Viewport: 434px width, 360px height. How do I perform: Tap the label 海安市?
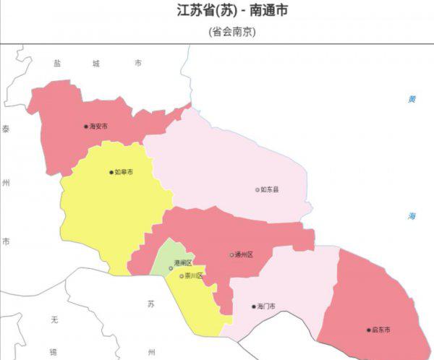98,127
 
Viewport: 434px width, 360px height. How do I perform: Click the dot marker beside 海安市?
86,127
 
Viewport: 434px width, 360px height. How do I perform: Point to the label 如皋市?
124,173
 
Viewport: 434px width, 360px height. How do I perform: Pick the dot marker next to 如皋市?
111,173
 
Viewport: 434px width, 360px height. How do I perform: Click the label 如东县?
270,190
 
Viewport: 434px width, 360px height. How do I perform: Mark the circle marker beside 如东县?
258,190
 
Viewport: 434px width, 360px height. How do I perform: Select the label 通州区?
244,255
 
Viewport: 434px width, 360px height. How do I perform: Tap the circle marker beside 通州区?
231,255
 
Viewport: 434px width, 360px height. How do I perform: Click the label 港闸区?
182,262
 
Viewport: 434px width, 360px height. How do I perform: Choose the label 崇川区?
194,276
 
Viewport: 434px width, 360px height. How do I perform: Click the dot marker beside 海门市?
254,307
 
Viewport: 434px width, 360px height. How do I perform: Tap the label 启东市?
380,330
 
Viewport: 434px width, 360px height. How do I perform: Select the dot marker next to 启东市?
368,330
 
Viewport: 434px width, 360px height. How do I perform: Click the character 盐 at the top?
56,64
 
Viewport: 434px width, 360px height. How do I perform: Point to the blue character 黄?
412,99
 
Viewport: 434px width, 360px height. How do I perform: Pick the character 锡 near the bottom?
53,352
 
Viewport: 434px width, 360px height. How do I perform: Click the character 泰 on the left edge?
6,129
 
